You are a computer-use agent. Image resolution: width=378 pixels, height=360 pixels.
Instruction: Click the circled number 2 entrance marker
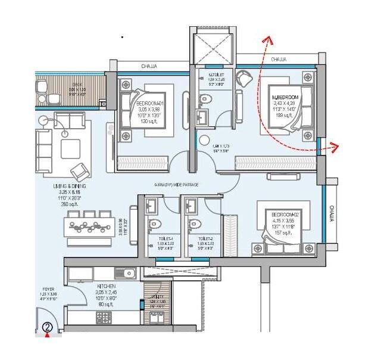click(x=48, y=326)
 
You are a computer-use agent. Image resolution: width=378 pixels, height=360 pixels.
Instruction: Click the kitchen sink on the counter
click(x=125, y=273)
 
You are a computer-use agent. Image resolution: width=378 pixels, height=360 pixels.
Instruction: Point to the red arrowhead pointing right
click(x=335, y=146)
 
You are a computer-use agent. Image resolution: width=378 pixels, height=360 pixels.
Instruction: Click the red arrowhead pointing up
click(x=268, y=41)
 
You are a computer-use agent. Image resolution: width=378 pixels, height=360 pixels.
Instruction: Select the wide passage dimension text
click(x=176, y=185)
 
